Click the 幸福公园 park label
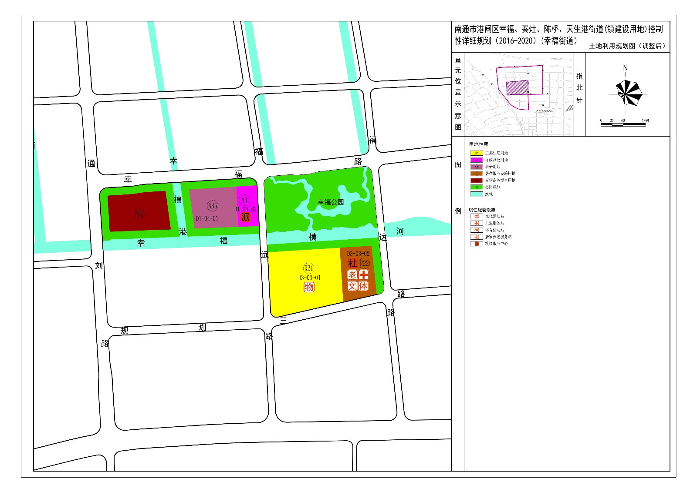coord(331,202)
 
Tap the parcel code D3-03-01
coord(309,278)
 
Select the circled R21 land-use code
coord(308,268)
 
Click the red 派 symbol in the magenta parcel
coord(245,217)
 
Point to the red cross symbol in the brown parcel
coord(363,275)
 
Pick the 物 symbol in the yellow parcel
coord(309,287)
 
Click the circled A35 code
coord(212,205)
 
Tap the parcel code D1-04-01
coord(207,218)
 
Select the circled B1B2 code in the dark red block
coord(139,213)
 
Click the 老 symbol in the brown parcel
coord(352,275)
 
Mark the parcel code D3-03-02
coord(358,253)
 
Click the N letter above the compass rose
coord(626,68)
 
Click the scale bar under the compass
coord(623,125)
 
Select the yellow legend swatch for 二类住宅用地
coord(477,153)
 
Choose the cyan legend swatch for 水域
coord(477,194)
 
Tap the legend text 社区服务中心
coord(496,244)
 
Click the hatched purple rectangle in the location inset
coord(517,88)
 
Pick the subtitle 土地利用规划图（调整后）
coord(627,46)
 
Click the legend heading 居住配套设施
coord(482,210)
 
